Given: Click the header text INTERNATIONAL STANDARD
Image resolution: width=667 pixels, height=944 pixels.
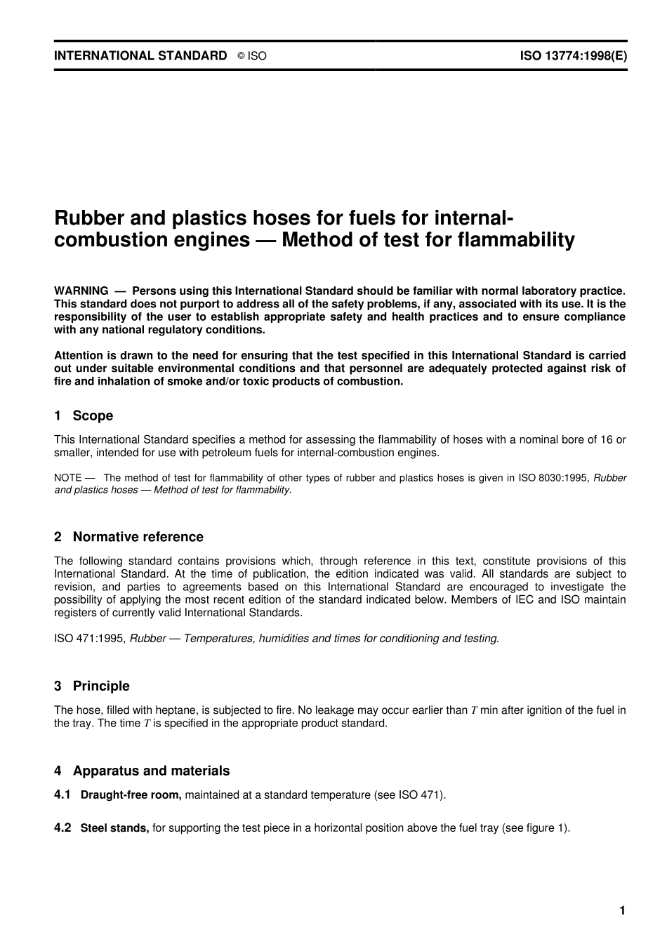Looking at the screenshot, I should [x=140, y=55].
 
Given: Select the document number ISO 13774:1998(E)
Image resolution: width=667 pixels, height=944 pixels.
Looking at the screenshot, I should [x=573, y=55].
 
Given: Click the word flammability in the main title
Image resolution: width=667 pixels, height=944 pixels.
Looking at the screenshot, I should [x=516, y=240].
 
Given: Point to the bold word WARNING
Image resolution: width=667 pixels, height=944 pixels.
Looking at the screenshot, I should [x=81, y=291].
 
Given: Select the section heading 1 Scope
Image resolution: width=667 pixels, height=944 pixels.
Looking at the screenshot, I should [x=84, y=416].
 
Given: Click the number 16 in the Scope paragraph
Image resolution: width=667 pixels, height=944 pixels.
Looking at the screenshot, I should [x=607, y=440].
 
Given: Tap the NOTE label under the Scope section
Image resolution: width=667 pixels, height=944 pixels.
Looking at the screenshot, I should [x=68, y=478].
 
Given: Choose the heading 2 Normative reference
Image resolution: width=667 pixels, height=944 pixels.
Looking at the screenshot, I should [x=128, y=537].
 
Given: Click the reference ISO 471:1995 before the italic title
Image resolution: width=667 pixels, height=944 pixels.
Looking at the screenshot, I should [x=89, y=639].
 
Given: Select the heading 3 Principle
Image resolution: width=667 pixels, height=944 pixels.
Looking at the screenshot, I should [x=92, y=686].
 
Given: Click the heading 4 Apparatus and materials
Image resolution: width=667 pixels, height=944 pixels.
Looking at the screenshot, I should [x=142, y=771].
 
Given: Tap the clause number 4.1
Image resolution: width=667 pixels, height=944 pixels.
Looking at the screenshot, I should [x=62, y=795].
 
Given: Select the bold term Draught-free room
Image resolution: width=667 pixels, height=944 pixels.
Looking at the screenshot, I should [x=131, y=795].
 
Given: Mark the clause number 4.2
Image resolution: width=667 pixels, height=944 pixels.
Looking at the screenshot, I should [x=62, y=828].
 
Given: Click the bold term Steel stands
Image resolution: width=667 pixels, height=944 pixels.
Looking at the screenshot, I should [x=114, y=828].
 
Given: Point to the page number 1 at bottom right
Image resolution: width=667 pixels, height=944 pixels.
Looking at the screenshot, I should [x=621, y=910].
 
